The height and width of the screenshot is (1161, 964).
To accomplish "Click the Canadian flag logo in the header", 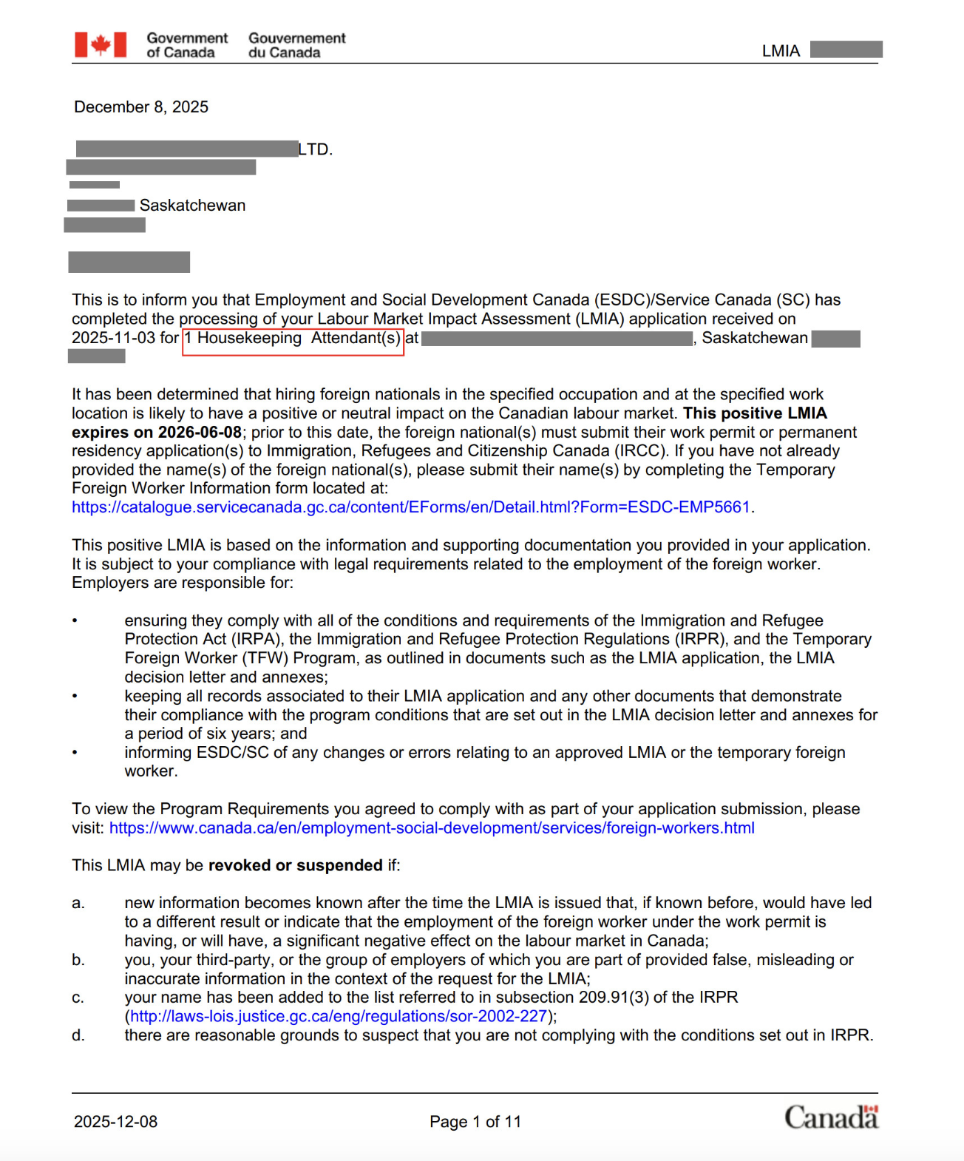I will tap(101, 45).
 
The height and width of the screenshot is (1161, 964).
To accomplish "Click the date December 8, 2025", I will tap(141, 107).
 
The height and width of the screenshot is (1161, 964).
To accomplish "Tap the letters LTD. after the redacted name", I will tap(316, 149).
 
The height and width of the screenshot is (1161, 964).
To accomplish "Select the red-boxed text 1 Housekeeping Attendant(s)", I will tap(293, 339).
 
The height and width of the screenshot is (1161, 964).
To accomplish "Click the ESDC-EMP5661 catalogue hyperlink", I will tap(411, 507).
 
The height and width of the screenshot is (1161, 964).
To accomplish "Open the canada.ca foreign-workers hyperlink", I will tap(432, 828).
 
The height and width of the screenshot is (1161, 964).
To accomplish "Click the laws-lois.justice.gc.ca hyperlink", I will tap(339, 1017).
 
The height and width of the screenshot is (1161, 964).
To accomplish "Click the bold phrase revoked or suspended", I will tap(295, 866).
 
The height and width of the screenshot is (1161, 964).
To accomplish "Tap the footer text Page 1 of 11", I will tap(475, 1122).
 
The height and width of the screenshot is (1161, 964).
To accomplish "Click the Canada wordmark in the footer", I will tap(831, 1117).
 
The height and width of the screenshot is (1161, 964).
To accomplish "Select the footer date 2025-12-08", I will tap(116, 1122).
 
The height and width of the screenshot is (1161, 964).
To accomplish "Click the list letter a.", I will tap(78, 903).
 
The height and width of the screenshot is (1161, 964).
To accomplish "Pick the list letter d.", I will tap(78, 1035).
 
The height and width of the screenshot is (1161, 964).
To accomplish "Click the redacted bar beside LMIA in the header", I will tap(846, 50).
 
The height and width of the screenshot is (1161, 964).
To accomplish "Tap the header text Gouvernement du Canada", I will tap(296, 45).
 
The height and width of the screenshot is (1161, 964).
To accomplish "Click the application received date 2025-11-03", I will tap(114, 338).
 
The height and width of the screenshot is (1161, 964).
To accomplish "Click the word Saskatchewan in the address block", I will tap(192, 206).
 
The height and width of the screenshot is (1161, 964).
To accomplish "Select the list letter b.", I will tap(78, 960).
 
